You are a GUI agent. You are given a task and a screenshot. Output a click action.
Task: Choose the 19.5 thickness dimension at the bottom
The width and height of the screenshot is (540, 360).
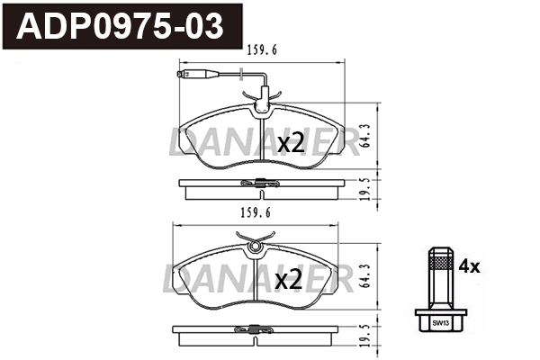(363, 336)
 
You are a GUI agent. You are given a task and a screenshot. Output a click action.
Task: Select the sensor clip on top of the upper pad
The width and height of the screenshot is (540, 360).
(264, 108)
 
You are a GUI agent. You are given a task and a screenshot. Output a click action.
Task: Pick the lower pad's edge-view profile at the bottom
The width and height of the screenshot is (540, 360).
(259, 336)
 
